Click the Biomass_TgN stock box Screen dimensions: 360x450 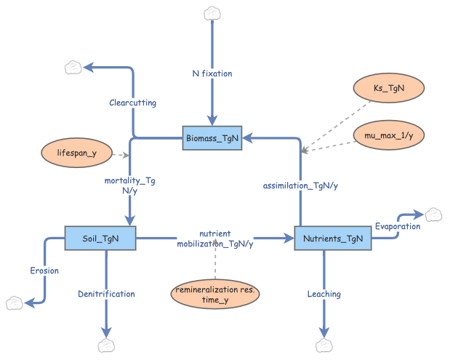click(x=211, y=137)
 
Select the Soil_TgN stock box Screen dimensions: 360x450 click(x=100, y=238)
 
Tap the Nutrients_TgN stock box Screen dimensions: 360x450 click(x=333, y=238)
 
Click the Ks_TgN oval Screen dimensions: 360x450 click(x=388, y=88)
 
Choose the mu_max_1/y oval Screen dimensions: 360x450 click(x=388, y=135)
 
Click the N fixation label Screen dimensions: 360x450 click(x=212, y=73)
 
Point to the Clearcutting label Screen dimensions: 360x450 click(x=132, y=103)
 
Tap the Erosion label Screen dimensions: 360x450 click(x=44, y=271)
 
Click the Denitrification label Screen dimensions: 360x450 click(x=106, y=294)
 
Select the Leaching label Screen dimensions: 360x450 click(x=324, y=294)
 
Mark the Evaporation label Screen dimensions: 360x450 click(x=398, y=226)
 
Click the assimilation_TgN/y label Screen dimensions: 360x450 click(x=300, y=185)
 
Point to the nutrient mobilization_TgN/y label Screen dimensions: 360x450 click(x=215, y=239)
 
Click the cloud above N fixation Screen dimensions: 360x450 click(x=212, y=13)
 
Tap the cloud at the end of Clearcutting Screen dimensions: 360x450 click(x=73, y=68)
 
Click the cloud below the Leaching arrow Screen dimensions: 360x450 click(x=324, y=345)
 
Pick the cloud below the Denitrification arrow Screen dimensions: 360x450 click(x=106, y=345)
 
